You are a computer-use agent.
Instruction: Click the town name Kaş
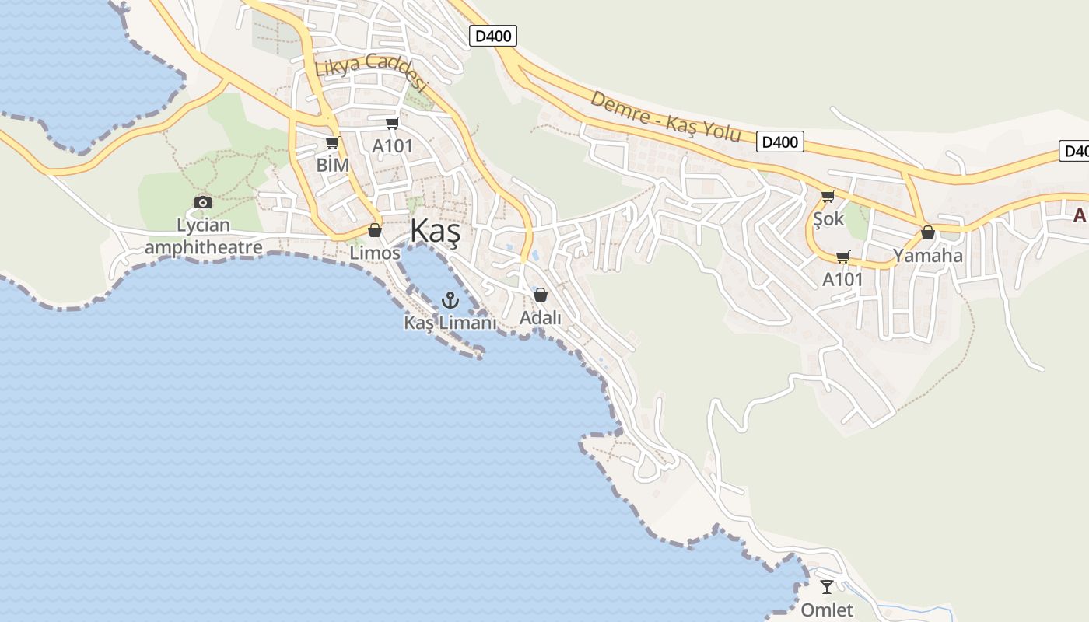tap(435, 232)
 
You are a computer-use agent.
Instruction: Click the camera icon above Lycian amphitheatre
tap(203, 202)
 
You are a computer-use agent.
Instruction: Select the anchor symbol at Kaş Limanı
tap(450, 299)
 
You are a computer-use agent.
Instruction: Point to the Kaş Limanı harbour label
tap(450, 322)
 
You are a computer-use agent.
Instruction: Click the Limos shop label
tap(375, 253)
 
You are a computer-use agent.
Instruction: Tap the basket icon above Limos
tap(375, 230)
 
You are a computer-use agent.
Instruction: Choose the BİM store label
tap(332, 165)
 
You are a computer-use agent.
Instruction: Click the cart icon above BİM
tap(332, 142)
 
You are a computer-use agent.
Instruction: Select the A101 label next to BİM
tap(392, 145)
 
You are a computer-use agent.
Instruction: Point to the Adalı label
tap(541, 317)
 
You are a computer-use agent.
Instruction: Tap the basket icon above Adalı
tap(541, 295)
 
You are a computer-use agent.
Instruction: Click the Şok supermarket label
tap(828, 218)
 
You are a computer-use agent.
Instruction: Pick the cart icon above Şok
tap(828, 196)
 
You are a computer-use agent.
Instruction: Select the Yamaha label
tap(927, 255)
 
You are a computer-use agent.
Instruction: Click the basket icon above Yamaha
tap(927, 232)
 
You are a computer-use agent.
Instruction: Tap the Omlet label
tap(827, 610)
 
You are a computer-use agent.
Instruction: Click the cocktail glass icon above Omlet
tap(827, 587)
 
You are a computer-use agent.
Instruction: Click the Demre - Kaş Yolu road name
tap(665, 116)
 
